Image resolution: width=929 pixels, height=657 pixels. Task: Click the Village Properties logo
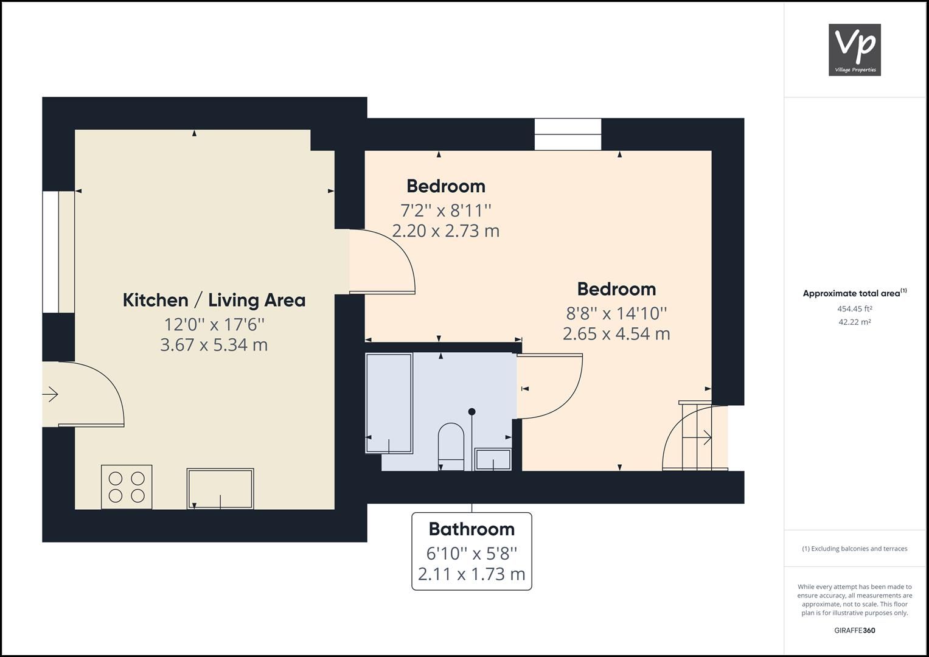[x=854, y=50]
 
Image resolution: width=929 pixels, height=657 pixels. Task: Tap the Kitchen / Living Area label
[x=214, y=300]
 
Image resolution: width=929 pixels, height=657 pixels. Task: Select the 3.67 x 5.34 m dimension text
[x=214, y=345]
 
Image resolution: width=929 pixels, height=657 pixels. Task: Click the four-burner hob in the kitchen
[x=127, y=487]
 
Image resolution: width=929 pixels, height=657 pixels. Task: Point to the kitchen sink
[x=220, y=488]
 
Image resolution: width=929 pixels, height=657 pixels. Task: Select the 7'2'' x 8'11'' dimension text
[x=445, y=210]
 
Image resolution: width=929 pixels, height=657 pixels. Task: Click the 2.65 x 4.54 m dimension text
[x=616, y=334]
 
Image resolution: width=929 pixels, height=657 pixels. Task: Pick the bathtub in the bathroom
[x=389, y=403]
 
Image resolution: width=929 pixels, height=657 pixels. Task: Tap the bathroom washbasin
[x=493, y=459]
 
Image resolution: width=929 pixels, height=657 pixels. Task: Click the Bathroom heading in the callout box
[x=471, y=529]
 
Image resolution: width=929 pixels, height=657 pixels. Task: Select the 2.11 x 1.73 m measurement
[x=471, y=574]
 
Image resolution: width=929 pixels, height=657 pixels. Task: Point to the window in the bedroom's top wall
[x=568, y=134]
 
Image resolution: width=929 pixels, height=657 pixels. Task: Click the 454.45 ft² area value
[x=854, y=308]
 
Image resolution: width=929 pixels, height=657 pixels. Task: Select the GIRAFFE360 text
[x=854, y=630]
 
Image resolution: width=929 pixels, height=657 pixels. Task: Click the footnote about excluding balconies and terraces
[x=854, y=549]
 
